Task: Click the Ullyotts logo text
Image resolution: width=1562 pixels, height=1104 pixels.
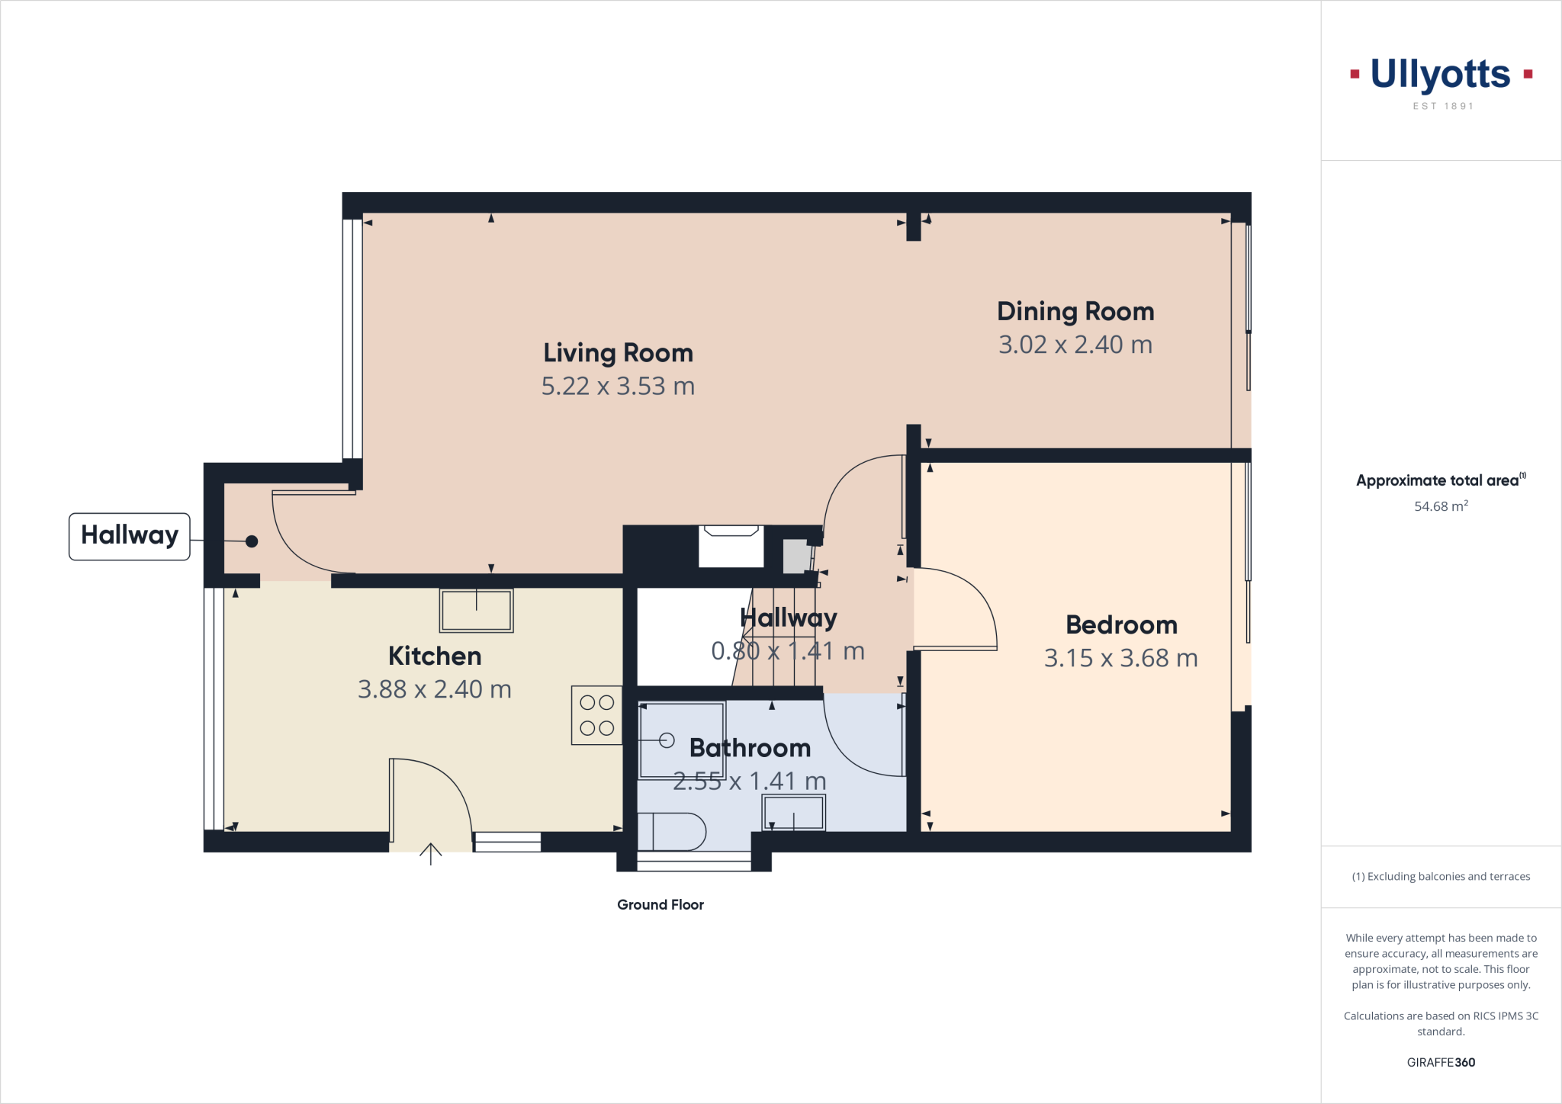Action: click(1440, 75)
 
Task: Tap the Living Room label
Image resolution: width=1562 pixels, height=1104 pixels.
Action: click(618, 353)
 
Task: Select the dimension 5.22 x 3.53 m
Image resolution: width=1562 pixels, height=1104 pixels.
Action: click(618, 387)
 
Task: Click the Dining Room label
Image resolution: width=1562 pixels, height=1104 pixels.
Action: click(1075, 311)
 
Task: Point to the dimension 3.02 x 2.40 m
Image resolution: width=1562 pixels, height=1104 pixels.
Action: click(1075, 345)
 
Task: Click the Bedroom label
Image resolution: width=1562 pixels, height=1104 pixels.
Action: click(1121, 625)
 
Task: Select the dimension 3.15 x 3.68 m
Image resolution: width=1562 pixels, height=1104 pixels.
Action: click(1120, 658)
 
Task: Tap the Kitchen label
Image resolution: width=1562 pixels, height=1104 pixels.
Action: click(435, 656)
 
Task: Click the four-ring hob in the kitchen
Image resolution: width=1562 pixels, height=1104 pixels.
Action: click(596, 715)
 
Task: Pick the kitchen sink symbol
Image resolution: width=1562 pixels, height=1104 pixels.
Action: click(476, 610)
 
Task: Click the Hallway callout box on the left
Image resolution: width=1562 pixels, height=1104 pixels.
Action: click(130, 536)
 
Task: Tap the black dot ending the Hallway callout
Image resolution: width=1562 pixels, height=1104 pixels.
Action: click(252, 541)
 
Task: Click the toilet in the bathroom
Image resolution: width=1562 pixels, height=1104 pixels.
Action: click(671, 832)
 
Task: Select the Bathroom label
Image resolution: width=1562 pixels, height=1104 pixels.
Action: click(750, 748)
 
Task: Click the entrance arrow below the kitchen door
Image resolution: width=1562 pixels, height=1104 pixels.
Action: click(431, 854)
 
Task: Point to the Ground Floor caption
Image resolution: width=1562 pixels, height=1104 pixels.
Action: click(660, 905)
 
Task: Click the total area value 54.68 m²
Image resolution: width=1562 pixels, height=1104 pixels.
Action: click(1441, 506)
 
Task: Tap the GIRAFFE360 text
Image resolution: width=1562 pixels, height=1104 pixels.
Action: click(1441, 1062)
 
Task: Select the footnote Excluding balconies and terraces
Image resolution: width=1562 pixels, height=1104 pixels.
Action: click(1441, 877)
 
